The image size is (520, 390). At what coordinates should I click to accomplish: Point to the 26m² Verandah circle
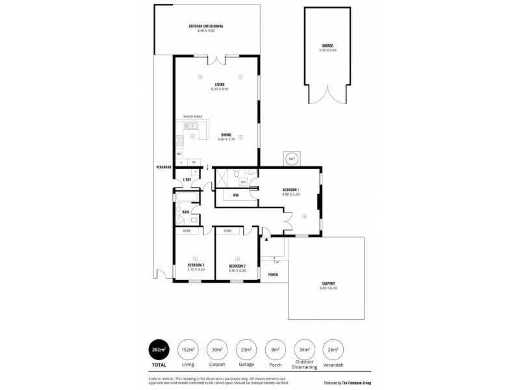click(332, 349)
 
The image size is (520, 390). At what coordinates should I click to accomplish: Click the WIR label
click(236, 194)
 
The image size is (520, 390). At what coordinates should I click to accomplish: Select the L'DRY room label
click(187, 179)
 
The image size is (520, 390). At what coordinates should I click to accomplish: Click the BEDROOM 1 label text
click(291, 189)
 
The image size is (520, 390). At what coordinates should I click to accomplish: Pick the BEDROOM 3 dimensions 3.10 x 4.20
click(195, 269)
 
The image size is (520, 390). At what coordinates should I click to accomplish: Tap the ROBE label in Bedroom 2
click(227, 231)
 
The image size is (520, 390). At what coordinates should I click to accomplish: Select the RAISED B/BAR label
click(192, 116)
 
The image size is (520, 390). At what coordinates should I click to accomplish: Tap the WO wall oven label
click(179, 154)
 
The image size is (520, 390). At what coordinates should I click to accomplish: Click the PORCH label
click(274, 274)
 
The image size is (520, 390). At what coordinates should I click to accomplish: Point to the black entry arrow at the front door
click(265, 239)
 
